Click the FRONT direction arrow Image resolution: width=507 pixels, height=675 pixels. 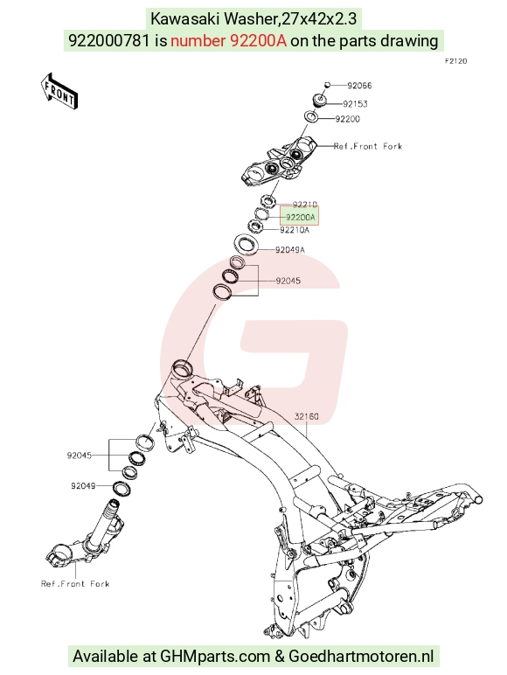59,91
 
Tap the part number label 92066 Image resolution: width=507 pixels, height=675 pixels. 359,85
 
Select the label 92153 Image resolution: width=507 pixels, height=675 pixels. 355,104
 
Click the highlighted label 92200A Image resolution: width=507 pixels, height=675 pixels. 301,218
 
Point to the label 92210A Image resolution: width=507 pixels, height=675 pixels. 295,230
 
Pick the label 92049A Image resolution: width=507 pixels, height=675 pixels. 290,250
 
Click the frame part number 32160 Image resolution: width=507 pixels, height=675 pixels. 307,416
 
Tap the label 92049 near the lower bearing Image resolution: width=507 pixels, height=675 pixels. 83,486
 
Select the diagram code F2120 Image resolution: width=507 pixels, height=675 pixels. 455,61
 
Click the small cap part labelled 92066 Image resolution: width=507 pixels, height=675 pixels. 327,85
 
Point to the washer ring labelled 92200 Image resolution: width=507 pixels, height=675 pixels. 311,116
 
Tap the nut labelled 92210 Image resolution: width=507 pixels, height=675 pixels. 268,200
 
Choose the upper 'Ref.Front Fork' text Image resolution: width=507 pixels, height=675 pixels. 368,146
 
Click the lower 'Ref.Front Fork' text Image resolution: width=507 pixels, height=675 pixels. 75,584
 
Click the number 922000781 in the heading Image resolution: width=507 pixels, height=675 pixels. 110,40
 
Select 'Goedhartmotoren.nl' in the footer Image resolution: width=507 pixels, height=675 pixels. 361,656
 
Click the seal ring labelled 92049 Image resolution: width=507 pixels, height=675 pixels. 122,488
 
